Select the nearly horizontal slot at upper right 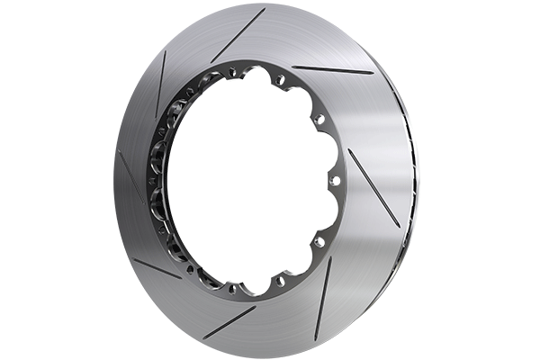(x=332, y=69)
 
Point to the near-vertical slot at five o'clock (x=322, y=297)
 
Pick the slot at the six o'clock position (x=229, y=321)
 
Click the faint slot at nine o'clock (x=130, y=175)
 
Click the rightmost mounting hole (x=336, y=180)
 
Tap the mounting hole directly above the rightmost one (x=319, y=119)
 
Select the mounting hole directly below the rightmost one (x=319, y=241)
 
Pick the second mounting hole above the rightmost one (x=280, y=80)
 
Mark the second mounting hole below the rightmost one (x=280, y=281)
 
